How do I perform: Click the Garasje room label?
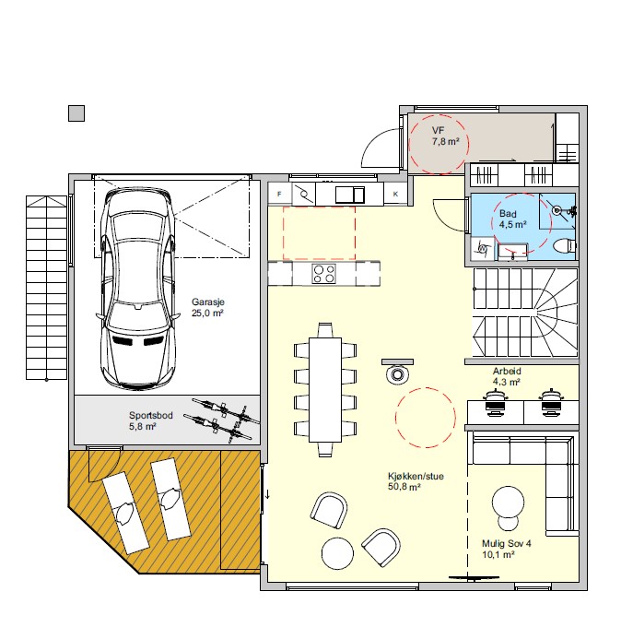[207, 308]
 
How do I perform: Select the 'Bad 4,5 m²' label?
[513, 219]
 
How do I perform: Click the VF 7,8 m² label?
[446, 136]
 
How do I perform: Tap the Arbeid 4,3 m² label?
[507, 376]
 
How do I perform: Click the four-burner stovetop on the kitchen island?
[323, 274]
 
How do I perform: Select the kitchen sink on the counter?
[350, 195]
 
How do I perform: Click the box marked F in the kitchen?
[280, 194]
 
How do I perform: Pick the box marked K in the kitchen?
[395, 194]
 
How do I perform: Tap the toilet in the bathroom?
[565, 245]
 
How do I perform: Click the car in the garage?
[138, 288]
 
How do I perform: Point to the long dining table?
[325, 390]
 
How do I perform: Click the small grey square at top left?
[76, 113]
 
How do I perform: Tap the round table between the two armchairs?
[337, 553]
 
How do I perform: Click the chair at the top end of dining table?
[325, 330]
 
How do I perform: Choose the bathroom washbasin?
[512, 252]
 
